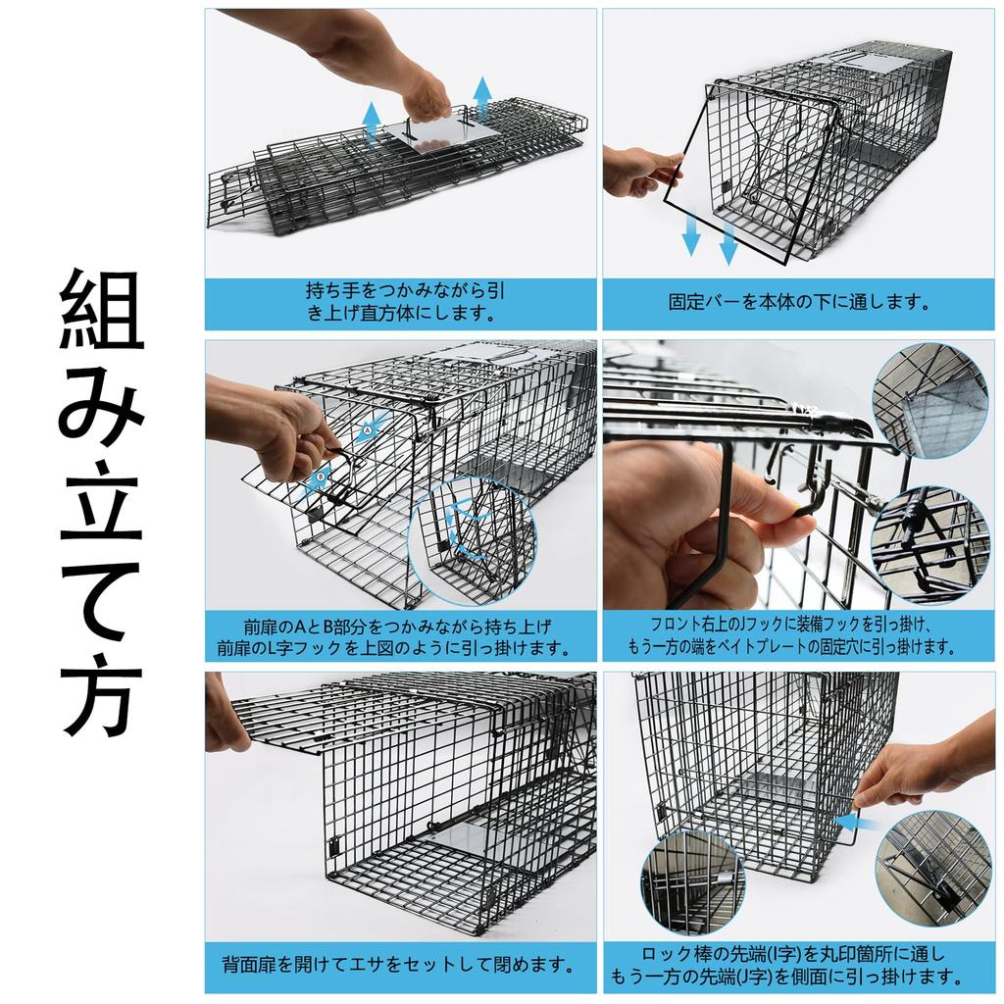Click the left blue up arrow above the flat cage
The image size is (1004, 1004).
click(372, 123)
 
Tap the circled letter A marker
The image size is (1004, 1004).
click(367, 429)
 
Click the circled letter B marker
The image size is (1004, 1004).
click(320, 478)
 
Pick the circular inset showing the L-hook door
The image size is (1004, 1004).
click(472, 541)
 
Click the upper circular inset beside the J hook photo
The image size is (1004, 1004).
click(930, 400)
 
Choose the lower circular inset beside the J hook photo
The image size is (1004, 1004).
click(930, 544)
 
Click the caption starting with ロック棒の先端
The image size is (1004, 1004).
click(797, 964)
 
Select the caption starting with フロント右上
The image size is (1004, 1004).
click(797, 634)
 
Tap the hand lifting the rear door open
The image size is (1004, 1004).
click(225, 714)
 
